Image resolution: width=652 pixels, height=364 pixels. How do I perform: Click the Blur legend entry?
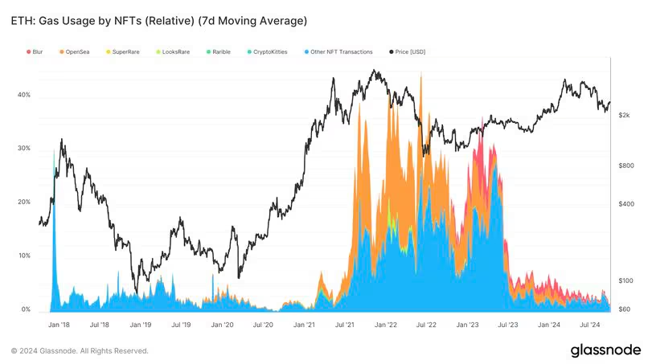[x=34, y=51]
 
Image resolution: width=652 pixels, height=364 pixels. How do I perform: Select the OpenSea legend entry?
[x=75, y=51]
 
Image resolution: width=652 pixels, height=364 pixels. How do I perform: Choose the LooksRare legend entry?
[x=173, y=51]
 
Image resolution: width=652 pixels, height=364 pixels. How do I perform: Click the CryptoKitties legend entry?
[x=270, y=51]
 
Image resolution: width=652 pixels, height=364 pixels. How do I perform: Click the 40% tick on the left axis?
[x=24, y=95]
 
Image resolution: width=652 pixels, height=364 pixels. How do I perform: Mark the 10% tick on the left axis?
[x=24, y=256]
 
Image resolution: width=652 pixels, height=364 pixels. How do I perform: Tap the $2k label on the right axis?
[x=624, y=116]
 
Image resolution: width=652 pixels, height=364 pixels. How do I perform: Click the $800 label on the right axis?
[x=625, y=166]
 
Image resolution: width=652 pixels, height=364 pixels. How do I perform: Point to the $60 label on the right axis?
[x=624, y=309]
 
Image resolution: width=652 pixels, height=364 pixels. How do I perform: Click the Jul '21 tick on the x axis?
[x=346, y=325]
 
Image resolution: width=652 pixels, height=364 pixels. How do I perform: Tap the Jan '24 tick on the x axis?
[x=549, y=325]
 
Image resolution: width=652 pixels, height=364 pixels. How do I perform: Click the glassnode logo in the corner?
[x=605, y=350]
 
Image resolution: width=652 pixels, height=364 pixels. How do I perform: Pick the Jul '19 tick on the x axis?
[x=182, y=325]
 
